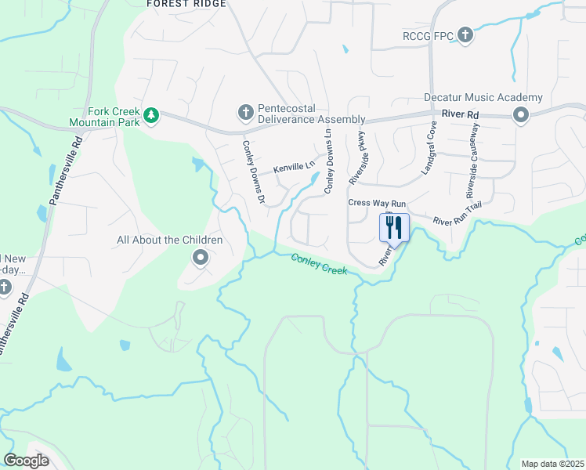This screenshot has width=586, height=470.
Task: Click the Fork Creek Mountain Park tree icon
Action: (x=151, y=117)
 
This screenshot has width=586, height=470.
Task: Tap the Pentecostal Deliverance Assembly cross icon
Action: (x=245, y=113)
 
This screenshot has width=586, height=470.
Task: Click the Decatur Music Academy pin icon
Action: (x=520, y=116)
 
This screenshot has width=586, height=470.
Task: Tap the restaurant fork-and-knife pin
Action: (x=394, y=228)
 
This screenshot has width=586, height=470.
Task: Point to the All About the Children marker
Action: (x=200, y=257)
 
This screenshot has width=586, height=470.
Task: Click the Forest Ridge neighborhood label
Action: (x=186, y=4)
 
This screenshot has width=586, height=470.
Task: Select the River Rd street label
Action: (x=460, y=114)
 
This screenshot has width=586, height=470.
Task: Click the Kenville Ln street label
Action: (x=293, y=168)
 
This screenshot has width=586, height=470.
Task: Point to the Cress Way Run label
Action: (x=377, y=203)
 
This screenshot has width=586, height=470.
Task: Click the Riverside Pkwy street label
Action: (x=359, y=157)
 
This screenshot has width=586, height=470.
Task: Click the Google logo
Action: (x=27, y=460)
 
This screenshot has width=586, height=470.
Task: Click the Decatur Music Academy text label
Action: (x=483, y=98)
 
